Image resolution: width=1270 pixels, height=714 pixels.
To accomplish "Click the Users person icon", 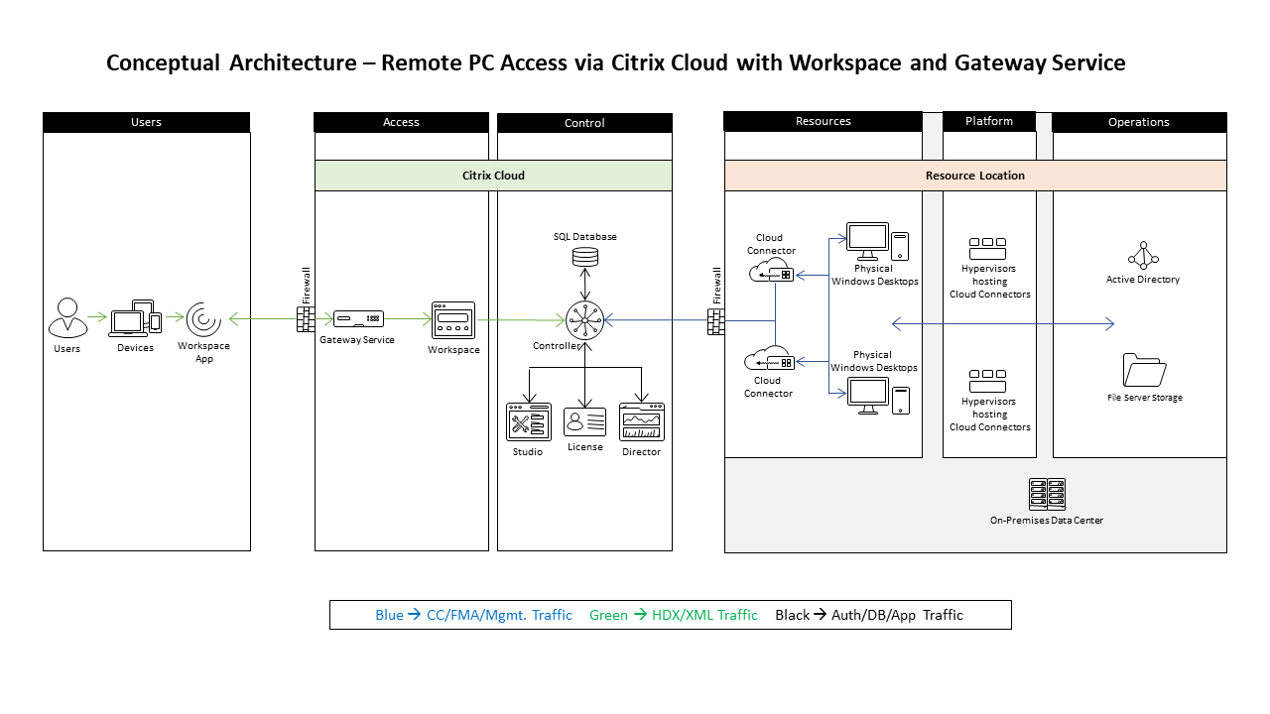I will pyautogui.click(x=67, y=318).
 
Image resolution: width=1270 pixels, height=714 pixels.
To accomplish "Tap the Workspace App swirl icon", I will pyautogui.click(x=203, y=319).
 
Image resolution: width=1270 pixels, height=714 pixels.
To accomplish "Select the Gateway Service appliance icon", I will pyautogui.click(x=358, y=319).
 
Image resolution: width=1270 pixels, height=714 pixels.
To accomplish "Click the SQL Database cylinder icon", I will pyautogui.click(x=585, y=257).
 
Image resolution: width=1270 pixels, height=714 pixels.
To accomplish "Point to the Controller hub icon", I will pyautogui.click(x=585, y=320).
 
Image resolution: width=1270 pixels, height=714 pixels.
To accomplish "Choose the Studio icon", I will pyautogui.click(x=528, y=421).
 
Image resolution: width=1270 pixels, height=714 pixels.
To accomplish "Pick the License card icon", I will pyautogui.click(x=585, y=421).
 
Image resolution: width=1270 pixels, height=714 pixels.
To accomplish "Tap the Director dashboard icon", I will pyautogui.click(x=641, y=421).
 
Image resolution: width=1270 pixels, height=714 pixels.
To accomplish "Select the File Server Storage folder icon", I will pyautogui.click(x=1144, y=370).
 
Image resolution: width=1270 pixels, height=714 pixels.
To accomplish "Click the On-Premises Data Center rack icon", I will pyautogui.click(x=1047, y=494).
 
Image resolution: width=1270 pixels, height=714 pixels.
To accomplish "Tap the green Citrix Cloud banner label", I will pyautogui.click(x=493, y=176).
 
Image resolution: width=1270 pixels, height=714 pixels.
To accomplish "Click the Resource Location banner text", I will pyautogui.click(x=975, y=176).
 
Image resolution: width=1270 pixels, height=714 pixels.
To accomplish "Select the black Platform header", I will pyautogui.click(x=989, y=121).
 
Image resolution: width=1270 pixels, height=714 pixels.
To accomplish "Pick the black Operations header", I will pyautogui.click(x=1139, y=122).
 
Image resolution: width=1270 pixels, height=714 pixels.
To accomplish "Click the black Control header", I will pyautogui.click(x=584, y=123).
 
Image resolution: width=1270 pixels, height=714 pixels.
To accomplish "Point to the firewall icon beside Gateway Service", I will pyautogui.click(x=306, y=319).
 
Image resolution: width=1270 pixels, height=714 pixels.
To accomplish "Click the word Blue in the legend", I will pyautogui.click(x=389, y=615).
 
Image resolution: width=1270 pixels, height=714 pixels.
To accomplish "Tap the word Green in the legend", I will pyautogui.click(x=608, y=615).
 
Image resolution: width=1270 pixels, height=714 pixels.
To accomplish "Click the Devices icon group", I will pyautogui.click(x=135, y=317).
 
